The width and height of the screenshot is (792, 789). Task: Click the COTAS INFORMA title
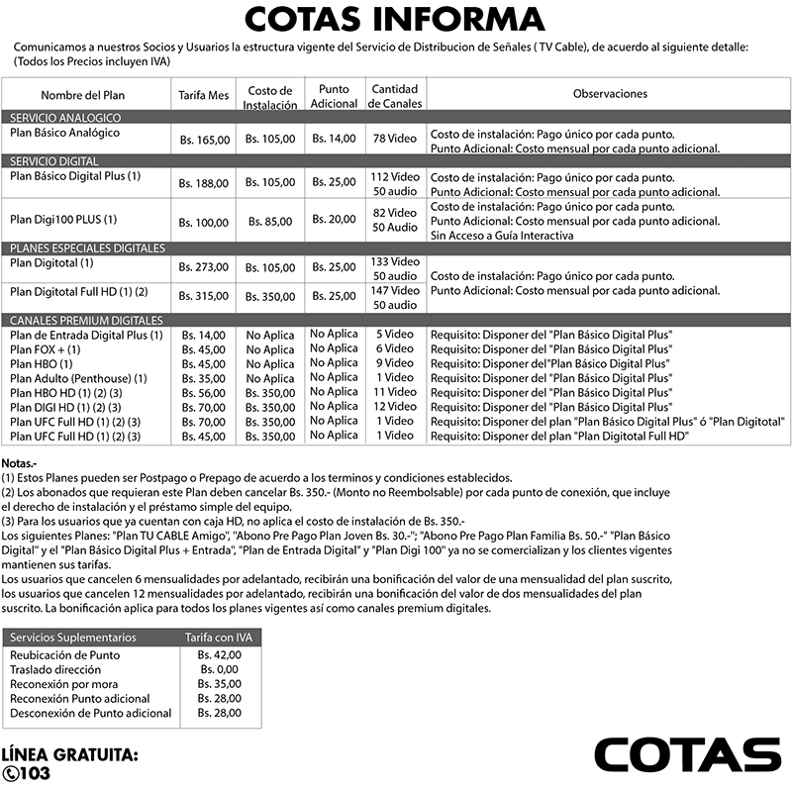[394, 20]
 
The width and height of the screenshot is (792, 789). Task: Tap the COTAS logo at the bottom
[687, 754]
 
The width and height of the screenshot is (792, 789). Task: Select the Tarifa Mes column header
[203, 95]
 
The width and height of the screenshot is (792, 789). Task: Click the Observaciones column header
[610, 94]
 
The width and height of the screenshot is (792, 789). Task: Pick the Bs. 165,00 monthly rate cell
[203, 141]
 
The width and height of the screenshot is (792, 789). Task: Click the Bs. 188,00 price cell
[203, 183]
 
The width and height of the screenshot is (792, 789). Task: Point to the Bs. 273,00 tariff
[203, 267]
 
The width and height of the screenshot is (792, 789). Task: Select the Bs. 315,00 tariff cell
[203, 296]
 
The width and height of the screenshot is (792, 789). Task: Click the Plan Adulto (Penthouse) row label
[78, 378]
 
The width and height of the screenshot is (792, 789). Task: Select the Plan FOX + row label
[45, 349]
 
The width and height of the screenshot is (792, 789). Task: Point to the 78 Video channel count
[394, 139]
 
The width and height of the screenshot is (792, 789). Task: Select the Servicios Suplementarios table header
[72, 638]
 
